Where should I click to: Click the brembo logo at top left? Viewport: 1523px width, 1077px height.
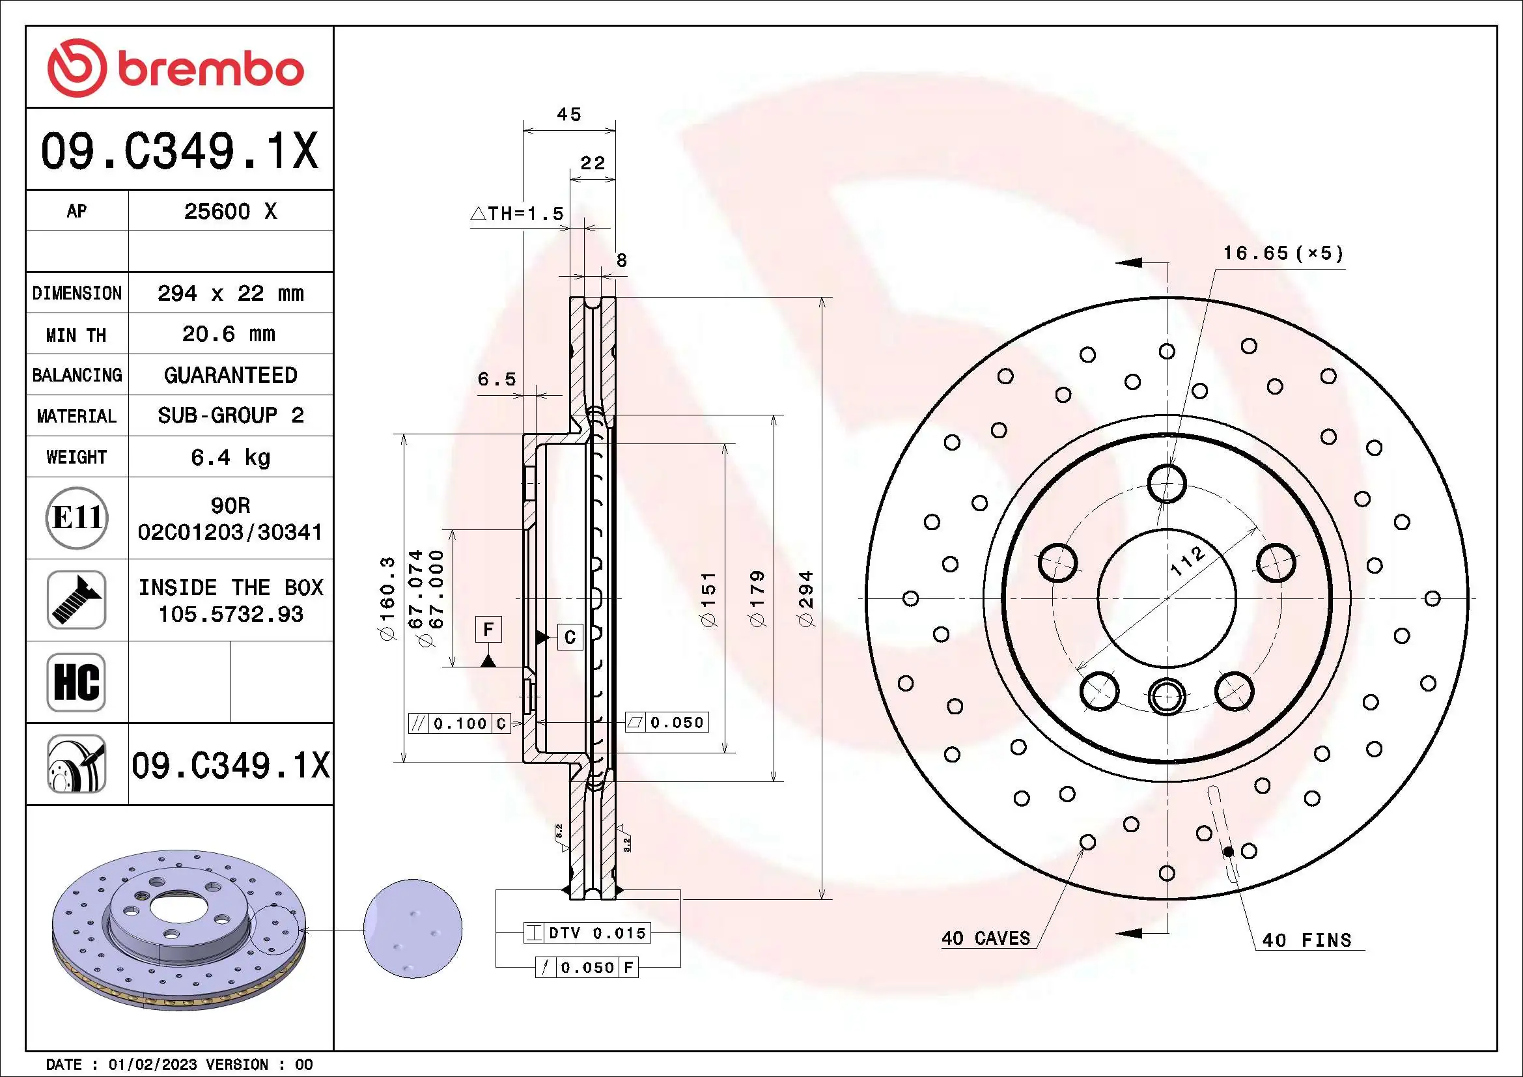[176, 68]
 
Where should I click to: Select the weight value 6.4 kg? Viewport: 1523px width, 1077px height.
[230, 457]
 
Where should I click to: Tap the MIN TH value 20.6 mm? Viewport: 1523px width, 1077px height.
[229, 334]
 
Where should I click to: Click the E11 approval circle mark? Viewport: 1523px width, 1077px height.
[77, 518]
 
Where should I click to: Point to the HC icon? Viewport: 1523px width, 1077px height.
[76, 682]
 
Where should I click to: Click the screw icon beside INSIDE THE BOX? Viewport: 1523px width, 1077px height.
[76, 600]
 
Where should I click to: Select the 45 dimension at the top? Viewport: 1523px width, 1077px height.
[569, 115]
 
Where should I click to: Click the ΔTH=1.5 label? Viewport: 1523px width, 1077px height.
[518, 214]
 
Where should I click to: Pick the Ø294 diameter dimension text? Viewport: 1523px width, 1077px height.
[805, 598]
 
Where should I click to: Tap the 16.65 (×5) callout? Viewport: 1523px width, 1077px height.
[1283, 253]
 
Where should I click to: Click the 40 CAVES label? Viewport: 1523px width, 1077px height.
[986, 938]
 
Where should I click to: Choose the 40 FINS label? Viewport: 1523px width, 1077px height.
[1306, 940]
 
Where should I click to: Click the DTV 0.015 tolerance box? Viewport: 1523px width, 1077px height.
[587, 933]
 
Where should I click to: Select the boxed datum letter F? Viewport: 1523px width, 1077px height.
[488, 630]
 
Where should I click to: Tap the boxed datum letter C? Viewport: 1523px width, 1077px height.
[570, 637]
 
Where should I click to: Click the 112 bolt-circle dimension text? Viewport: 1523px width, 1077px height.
[1187, 561]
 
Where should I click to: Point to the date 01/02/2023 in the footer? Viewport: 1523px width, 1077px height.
[152, 1065]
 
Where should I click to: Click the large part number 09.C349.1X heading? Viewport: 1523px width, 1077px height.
[179, 151]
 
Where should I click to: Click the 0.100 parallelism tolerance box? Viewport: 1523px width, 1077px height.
[459, 723]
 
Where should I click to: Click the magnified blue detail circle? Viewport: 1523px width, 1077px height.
[413, 929]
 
